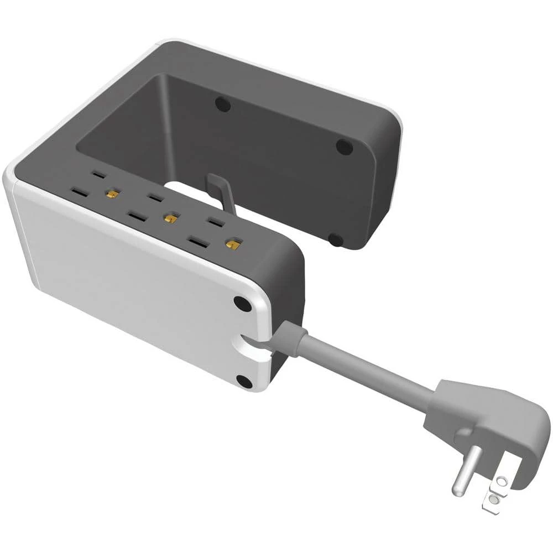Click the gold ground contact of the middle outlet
(x=168, y=217)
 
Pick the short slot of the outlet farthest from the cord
(x=98, y=175)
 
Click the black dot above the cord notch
(x=241, y=302)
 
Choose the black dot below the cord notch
(x=243, y=380)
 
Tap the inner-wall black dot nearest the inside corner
(x=222, y=103)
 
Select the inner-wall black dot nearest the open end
(x=344, y=147)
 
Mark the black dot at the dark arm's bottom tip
(x=335, y=239)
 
